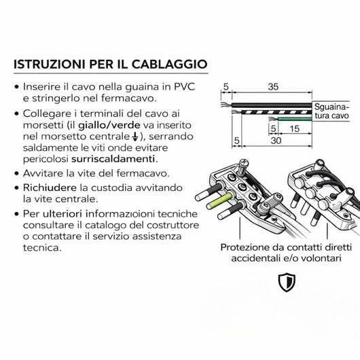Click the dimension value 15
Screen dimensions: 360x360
click(295, 127)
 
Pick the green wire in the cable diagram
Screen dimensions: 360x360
click(292, 118)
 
